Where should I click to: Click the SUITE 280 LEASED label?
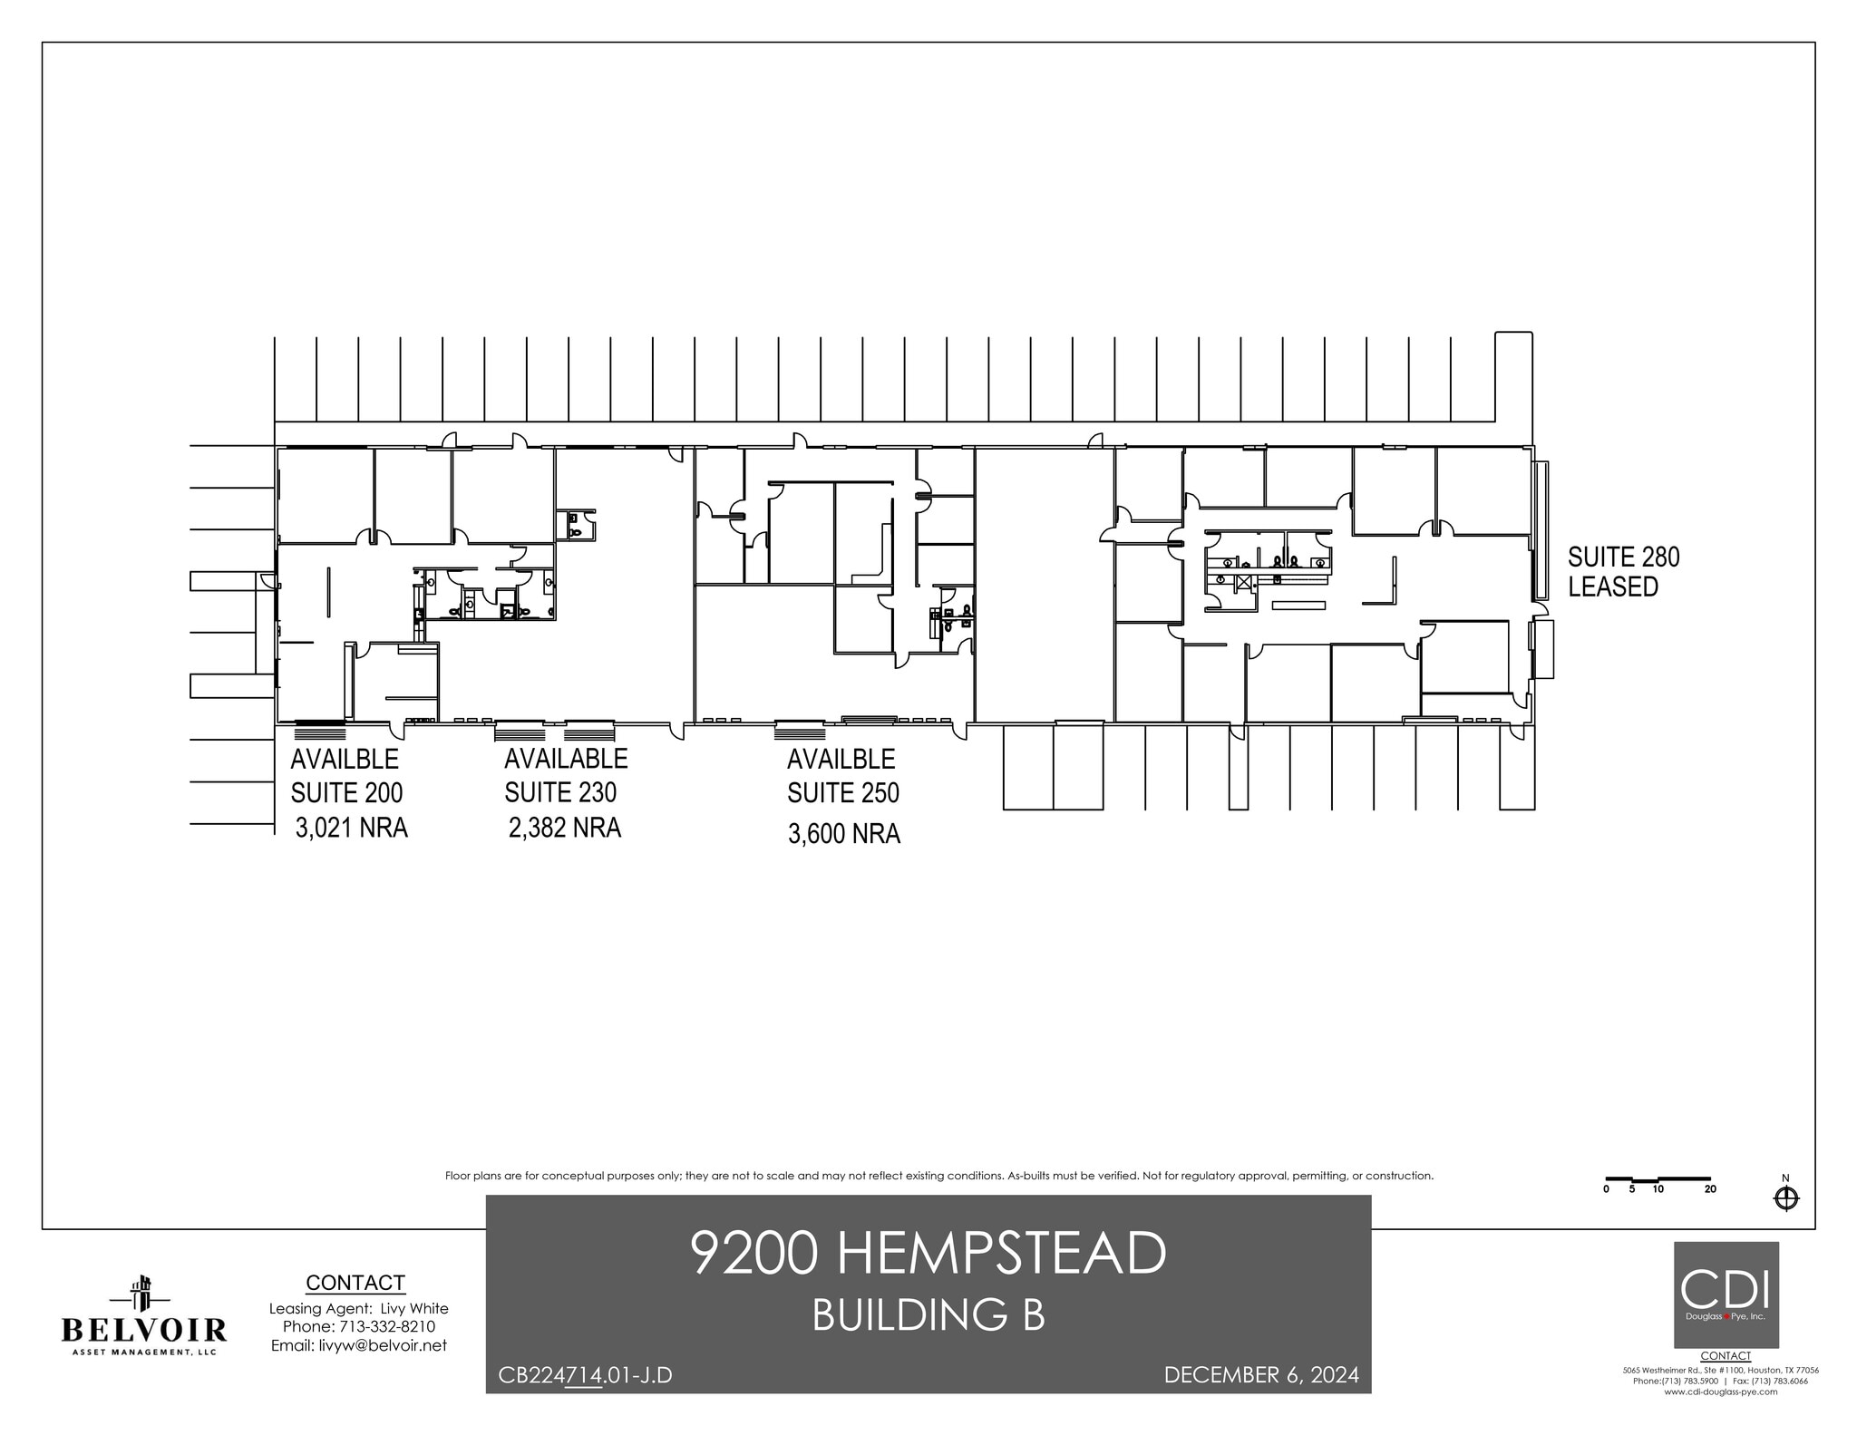tap(1624, 572)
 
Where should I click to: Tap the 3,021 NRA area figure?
tap(351, 828)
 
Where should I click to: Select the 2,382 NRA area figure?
tap(565, 828)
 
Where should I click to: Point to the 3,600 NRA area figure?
tap(843, 833)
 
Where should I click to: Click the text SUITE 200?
tap(346, 792)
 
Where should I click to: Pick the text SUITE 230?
tap(560, 792)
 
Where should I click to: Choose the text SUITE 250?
tap(843, 793)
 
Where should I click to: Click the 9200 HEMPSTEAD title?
tap(928, 1254)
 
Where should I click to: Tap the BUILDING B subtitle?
tap(928, 1315)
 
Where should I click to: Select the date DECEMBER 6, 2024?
tap(1261, 1375)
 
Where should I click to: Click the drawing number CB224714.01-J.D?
tap(585, 1376)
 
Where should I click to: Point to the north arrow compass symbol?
tap(1785, 1199)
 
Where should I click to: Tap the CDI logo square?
tap(1726, 1294)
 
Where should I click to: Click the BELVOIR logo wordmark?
tap(143, 1330)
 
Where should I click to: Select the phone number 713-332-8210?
tap(385, 1326)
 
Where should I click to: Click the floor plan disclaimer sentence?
tap(938, 1176)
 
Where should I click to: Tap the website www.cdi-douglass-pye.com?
tap(1720, 1417)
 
